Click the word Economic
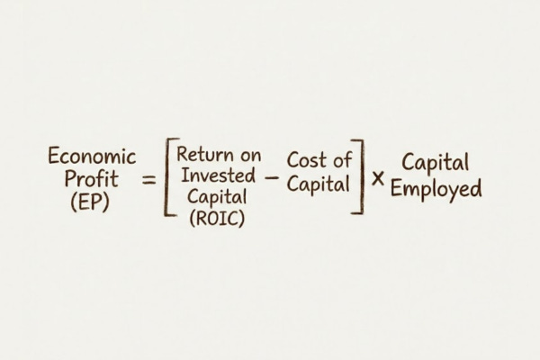[x=92, y=157]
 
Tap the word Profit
[x=92, y=179]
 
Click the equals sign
[x=148, y=180]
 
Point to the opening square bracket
[x=168, y=178]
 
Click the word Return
[x=201, y=155]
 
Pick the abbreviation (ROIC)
[x=216, y=218]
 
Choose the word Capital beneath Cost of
[x=319, y=184]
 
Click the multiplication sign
[x=378, y=178]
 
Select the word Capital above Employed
[x=436, y=165]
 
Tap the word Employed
[x=436, y=189]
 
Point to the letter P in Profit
[x=70, y=179]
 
